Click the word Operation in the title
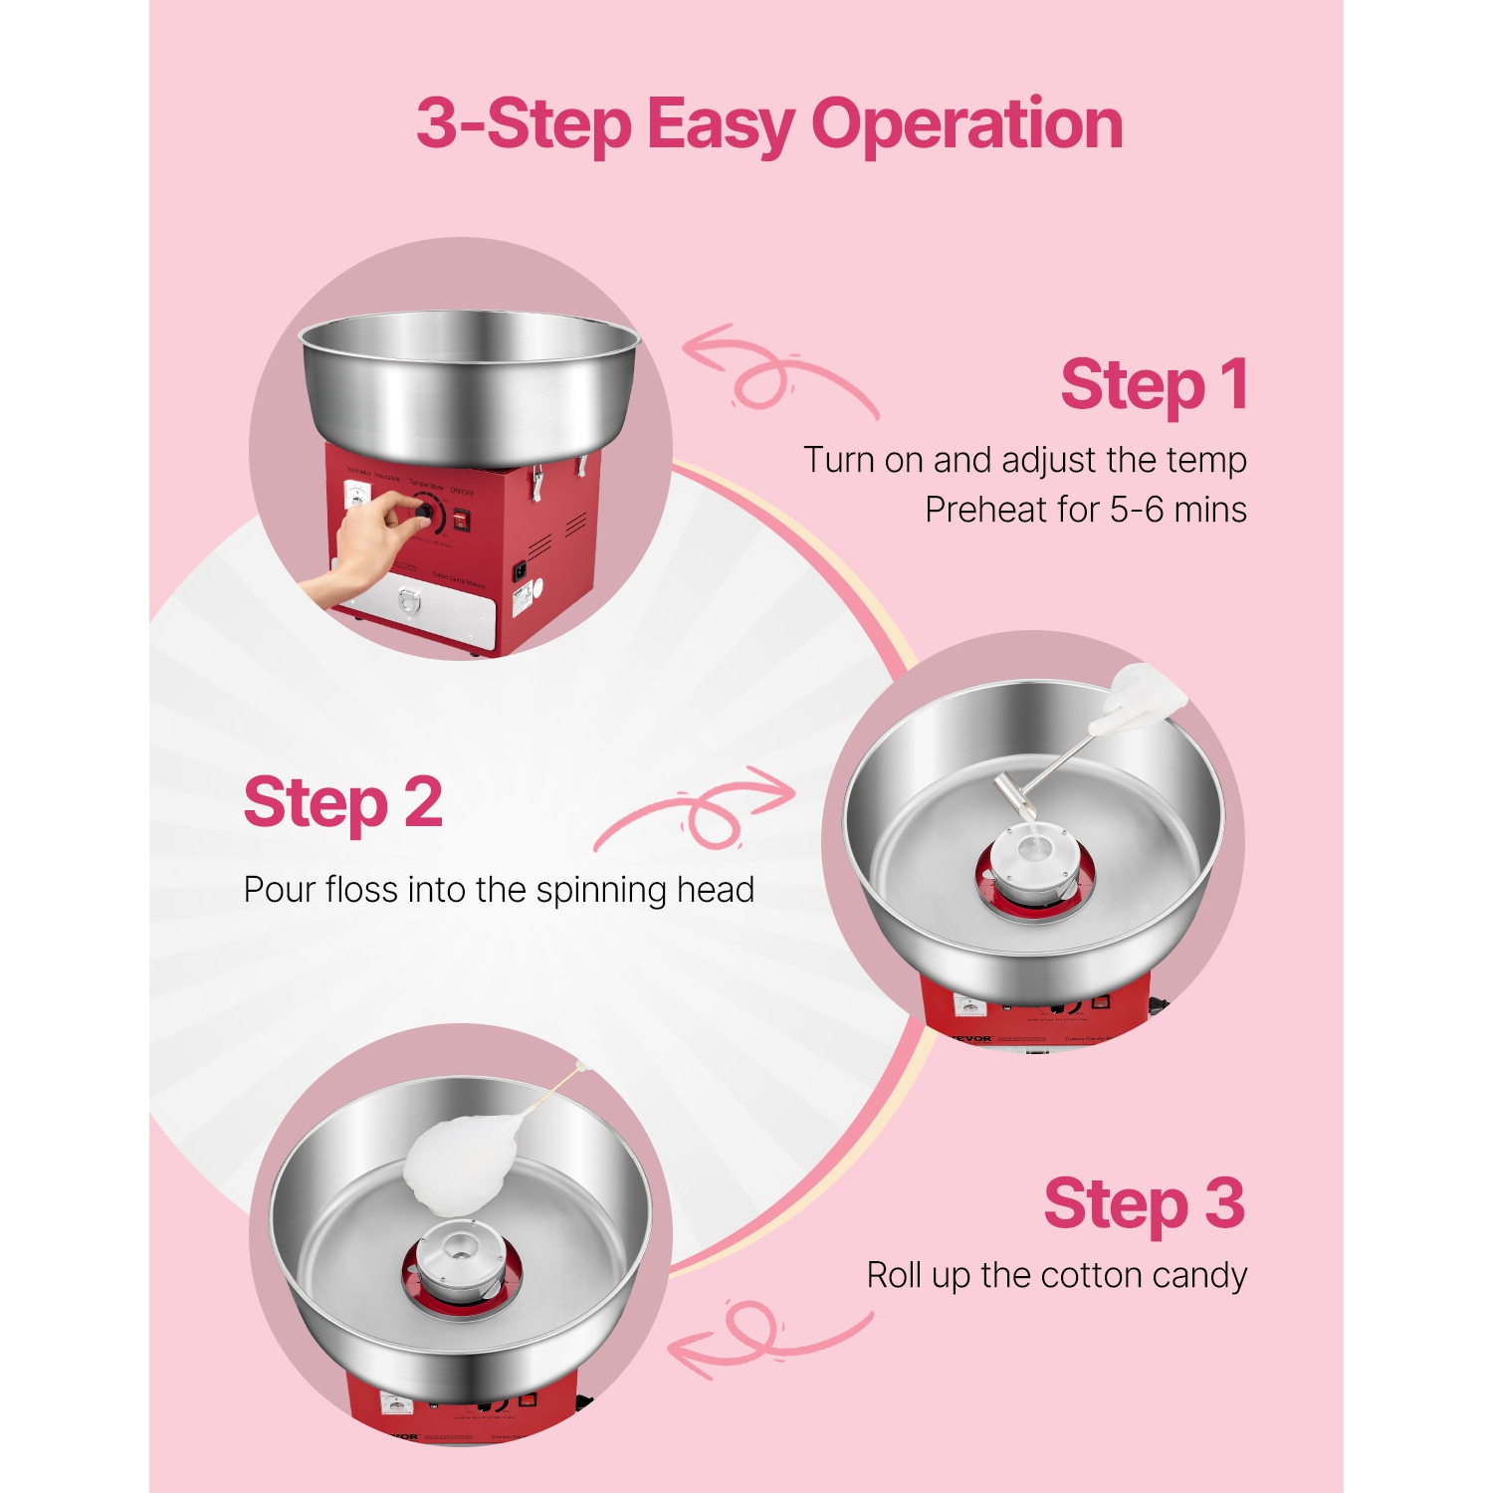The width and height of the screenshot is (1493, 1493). [966, 125]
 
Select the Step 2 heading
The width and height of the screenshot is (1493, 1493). [343, 803]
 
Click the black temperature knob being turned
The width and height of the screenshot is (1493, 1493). [425, 512]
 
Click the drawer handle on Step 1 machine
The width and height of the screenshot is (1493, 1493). [409, 600]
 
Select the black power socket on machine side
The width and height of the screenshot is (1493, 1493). [519, 571]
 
